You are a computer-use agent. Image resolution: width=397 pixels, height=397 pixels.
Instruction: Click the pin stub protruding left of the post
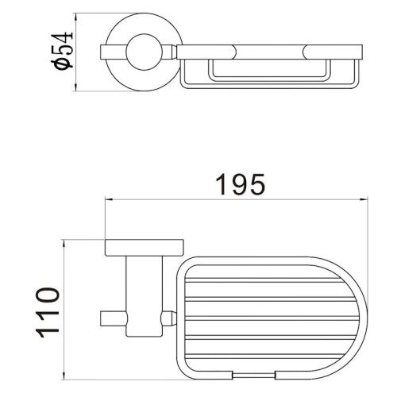click(110, 318)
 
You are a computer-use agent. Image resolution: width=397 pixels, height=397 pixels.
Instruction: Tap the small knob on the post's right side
click(168, 318)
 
